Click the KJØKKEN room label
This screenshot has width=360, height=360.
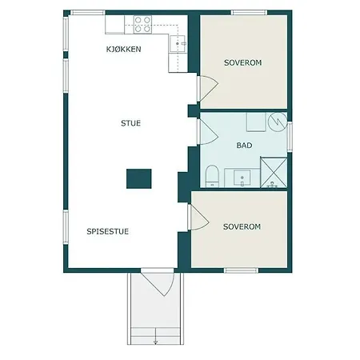tap(123, 50)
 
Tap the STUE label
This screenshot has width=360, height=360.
tap(130, 123)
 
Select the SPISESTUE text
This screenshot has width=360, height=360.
tap(108, 231)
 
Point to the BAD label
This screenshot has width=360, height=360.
tap(244, 146)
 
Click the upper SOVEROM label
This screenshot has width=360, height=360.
tap(243, 62)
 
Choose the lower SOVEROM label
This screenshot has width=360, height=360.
tap(242, 226)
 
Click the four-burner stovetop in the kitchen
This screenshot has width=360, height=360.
tap(142, 24)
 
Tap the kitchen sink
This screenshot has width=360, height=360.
tap(178, 43)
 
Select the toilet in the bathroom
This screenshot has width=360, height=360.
tap(212, 176)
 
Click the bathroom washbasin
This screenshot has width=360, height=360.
tap(242, 178)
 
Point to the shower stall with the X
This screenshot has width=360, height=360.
tap(274, 173)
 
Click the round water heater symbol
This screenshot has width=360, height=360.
tap(278, 122)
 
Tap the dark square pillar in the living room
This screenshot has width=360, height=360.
tap(139, 178)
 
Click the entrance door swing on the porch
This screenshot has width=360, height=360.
tap(158, 283)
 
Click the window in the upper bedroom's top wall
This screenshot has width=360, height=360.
tap(249, 13)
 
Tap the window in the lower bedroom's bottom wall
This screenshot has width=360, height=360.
tap(241, 270)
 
